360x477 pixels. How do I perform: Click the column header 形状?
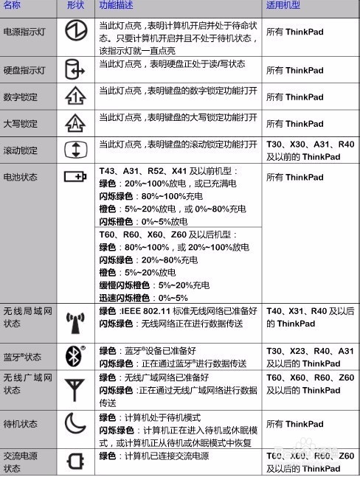tap(76, 5)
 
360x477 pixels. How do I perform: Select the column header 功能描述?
tap(117, 5)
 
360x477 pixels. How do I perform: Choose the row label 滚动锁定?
tap(20, 150)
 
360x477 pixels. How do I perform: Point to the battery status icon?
tap(76, 177)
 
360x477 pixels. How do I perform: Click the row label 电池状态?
tap(20, 178)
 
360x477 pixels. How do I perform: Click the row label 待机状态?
tap(20, 425)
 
